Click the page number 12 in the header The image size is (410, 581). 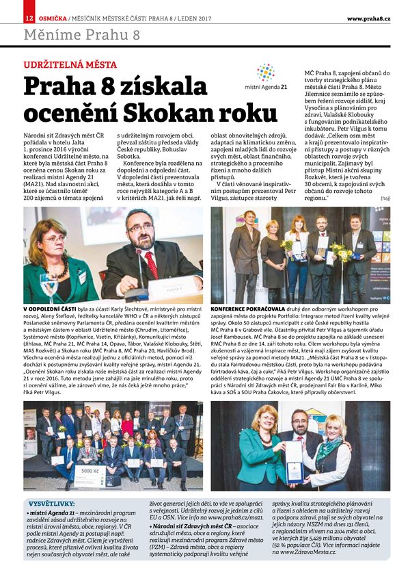(x=28, y=18)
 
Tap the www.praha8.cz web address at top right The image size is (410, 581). (x=368, y=18)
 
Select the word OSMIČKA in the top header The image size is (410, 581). (x=51, y=18)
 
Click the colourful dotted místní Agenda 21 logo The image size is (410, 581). (x=265, y=73)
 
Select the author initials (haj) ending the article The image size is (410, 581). (x=383, y=198)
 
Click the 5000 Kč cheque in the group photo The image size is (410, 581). (x=91, y=472)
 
